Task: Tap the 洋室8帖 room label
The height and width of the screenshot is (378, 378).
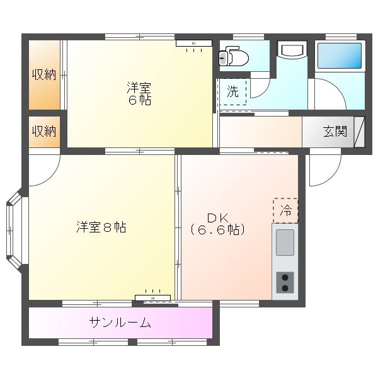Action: pos(101,227)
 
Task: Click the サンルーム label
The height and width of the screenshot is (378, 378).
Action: pos(120,323)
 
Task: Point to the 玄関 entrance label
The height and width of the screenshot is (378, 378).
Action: pos(335,132)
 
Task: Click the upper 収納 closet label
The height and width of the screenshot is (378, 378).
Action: pos(45,75)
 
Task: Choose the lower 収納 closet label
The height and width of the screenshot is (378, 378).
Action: pos(45,131)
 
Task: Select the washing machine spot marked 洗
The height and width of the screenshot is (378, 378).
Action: pos(233,91)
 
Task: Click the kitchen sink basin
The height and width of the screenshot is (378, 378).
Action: pos(285,242)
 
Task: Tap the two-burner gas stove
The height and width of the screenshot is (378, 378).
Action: pos(285,282)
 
